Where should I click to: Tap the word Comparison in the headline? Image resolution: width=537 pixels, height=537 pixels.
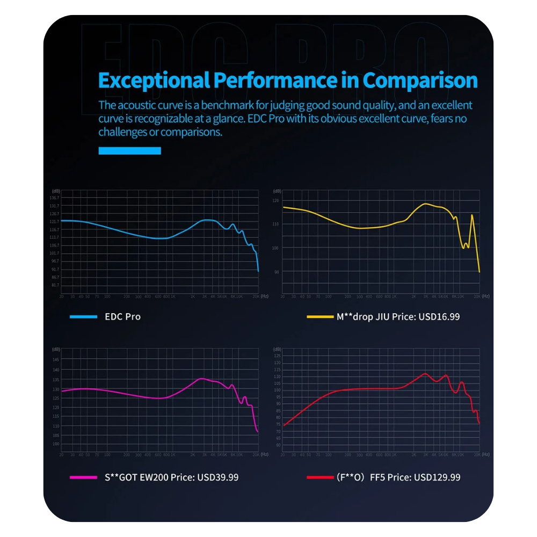(420, 81)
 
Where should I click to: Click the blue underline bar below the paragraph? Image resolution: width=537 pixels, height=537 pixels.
(129, 151)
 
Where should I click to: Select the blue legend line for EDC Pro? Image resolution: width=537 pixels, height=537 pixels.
(83, 317)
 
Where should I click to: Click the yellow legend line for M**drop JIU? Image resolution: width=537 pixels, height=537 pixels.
(320, 317)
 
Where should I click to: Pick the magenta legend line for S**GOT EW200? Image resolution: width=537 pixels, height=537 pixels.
(83, 477)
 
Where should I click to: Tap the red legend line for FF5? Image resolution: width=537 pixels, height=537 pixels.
(320, 477)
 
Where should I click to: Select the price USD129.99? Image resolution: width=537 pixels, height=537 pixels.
(439, 477)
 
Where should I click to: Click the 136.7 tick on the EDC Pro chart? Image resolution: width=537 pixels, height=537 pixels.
(55, 198)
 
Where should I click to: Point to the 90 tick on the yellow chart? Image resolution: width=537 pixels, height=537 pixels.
(276, 272)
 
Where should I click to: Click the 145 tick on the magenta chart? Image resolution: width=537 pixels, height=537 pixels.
(56, 360)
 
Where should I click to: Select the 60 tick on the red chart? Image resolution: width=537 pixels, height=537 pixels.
(277, 445)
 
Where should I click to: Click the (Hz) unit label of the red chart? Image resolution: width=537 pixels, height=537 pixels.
(485, 454)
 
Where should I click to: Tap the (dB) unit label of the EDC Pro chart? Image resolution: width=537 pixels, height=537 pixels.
(55, 191)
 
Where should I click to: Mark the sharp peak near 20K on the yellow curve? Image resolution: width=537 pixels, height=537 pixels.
(472, 215)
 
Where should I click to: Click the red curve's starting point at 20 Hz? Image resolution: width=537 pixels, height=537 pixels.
(284, 425)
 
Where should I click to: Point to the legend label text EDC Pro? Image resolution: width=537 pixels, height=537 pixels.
(122, 317)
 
